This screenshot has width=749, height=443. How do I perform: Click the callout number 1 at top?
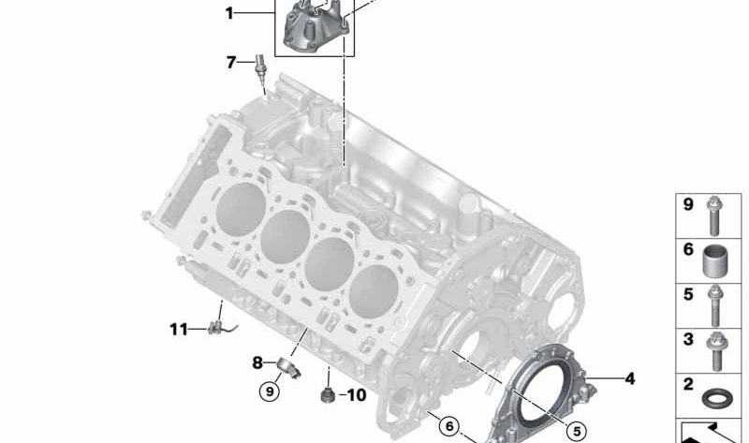(x=228, y=13)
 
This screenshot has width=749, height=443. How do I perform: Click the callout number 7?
(x=230, y=63)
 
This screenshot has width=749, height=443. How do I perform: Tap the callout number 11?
(x=179, y=329)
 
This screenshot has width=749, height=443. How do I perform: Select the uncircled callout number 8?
(x=257, y=362)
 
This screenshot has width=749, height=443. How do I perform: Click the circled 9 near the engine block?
(x=270, y=391)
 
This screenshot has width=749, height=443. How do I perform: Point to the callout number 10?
(x=356, y=396)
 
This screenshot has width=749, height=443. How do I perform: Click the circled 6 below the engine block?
(x=450, y=426)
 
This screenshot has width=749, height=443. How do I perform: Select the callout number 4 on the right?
(x=629, y=379)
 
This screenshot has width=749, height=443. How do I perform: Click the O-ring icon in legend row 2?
(x=714, y=394)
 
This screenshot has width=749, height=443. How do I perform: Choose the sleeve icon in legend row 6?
(x=714, y=256)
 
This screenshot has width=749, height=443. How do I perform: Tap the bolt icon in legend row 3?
(x=714, y=348)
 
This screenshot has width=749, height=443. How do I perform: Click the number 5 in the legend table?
(x=687, y=293)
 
